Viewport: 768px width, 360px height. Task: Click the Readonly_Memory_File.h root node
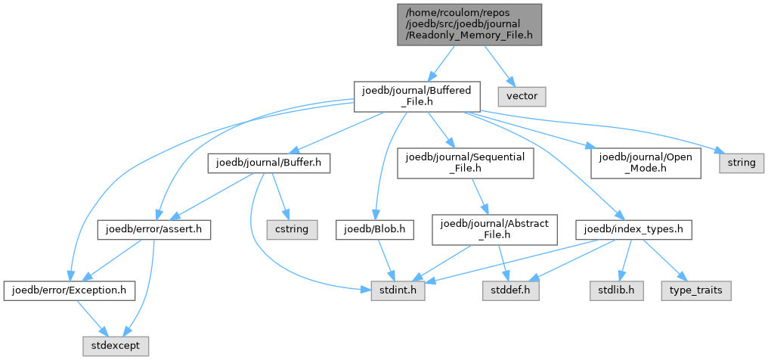coord(469,24)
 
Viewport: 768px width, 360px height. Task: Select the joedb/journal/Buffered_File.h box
coord(417,97)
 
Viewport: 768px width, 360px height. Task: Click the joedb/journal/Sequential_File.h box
coord(465,163)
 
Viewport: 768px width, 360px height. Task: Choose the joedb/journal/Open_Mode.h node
coord(646,163)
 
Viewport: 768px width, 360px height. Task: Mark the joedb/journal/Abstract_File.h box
coord(494,230)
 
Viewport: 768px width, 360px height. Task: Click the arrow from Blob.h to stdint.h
coord(383,260)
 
